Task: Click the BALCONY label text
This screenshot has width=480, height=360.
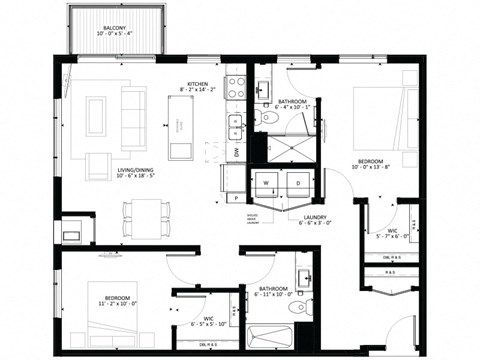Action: [115, 27]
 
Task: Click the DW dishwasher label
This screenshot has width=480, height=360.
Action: [236, 153]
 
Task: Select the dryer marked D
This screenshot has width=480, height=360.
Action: [298, 184]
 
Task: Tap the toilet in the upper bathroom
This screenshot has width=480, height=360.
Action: [266, 118]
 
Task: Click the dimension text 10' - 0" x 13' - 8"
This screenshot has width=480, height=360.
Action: [379, 168]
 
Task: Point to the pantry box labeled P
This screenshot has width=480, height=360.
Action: [237, 198]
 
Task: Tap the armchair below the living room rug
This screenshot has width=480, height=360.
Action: [99, 166]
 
